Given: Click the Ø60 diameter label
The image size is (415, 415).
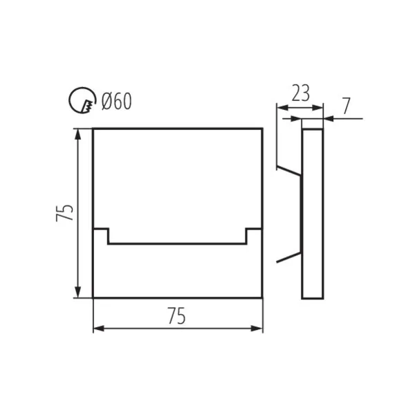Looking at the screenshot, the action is (x=116, y=102).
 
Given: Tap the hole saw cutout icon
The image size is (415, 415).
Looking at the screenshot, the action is (x=82, y=100).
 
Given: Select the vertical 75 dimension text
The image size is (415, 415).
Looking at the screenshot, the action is (x=64, y=213).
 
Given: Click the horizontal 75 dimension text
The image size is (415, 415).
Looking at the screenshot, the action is (x=176, y=316).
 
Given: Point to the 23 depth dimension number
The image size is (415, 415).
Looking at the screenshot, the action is (x=300, y=93).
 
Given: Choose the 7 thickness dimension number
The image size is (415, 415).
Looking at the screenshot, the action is (x=347, y=106).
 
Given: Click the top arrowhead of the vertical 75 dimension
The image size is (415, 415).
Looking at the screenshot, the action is (x=77, y=134).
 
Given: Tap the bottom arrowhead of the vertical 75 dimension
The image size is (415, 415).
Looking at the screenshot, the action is (x=77, y=292).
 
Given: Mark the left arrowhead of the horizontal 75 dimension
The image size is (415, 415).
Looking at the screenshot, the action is (x=99, y=329).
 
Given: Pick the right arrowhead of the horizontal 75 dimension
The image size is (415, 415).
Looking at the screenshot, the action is (x=257, y=329).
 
